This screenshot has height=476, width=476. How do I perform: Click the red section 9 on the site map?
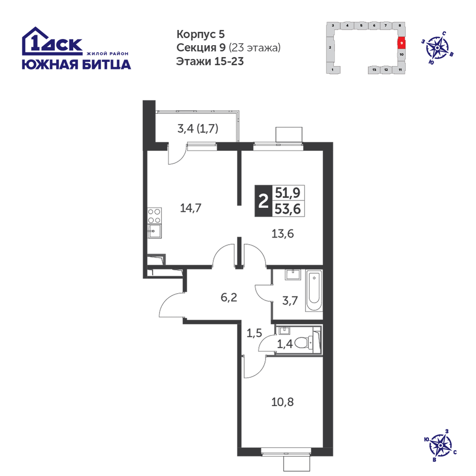tap(401, 43)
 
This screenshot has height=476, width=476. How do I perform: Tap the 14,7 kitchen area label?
tap(191, 208)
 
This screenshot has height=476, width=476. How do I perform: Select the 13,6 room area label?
tap(283, 234)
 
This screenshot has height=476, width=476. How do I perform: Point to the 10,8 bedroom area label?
tap(283, 402)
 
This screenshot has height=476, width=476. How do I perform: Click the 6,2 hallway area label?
tap(229, 297)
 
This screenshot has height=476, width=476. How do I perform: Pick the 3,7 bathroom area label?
tap(290, 301)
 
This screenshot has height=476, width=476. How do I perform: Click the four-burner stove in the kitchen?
tap(155, 216)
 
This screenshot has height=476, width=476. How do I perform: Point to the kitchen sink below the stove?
tap(155, 231)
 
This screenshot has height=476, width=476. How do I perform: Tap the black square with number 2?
tap(263, 201)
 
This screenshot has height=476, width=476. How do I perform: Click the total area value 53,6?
tap(288, 209)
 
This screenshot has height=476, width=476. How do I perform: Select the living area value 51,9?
tap(288, 192)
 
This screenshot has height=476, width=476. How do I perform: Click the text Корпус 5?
tap(201, 34)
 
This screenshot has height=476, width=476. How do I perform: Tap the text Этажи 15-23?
tap(210, 61)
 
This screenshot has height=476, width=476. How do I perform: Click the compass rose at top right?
tap(437, 48)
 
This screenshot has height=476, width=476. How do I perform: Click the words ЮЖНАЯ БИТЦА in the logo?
tap(77, 64)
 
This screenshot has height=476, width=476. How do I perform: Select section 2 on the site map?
tap(330, 47)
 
